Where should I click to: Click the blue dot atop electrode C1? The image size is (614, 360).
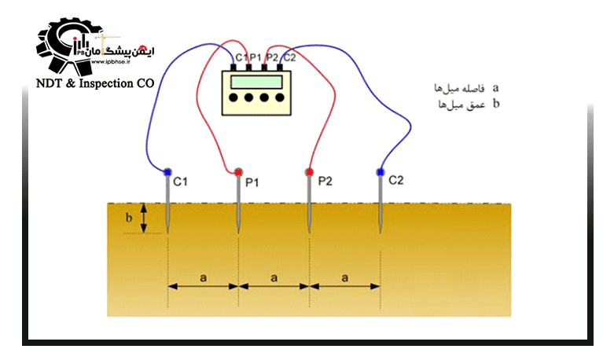point(167,171)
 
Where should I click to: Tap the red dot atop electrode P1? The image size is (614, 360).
point(238,171)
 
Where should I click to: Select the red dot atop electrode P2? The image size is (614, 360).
point(310,171)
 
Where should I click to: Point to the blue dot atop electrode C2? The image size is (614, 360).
point(381,171)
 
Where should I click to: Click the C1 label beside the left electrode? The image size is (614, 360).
point(181,182)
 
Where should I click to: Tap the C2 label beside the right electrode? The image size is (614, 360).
point(395,180)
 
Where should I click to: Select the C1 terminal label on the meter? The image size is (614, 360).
point(241,57)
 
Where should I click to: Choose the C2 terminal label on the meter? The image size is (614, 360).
point(289,57)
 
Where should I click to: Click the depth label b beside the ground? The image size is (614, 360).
point(129,218)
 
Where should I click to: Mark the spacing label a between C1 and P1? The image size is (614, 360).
point(203,277)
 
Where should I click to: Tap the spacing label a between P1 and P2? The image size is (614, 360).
point(274,277)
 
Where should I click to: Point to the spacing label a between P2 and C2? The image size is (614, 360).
point(345,277)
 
